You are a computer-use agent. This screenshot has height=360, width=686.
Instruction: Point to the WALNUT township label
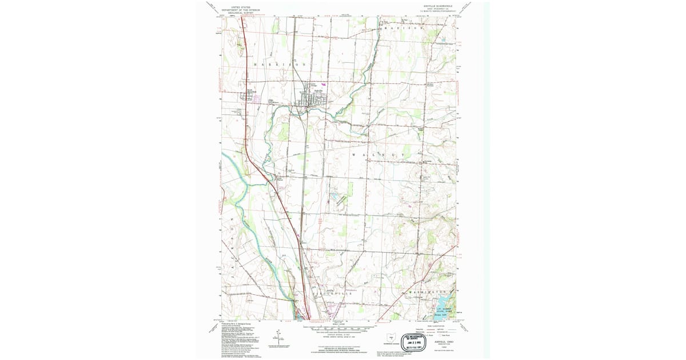pyautogui.click(x=378, y=155)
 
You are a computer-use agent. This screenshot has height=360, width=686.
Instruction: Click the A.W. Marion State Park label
pyautogui.click(x=440, y=309)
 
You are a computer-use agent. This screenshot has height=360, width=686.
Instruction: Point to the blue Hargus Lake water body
pyautogui.click(x=441, y=299)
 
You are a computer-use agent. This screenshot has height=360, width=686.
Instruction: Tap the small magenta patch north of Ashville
pyautogui.click(x=322, y=75)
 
